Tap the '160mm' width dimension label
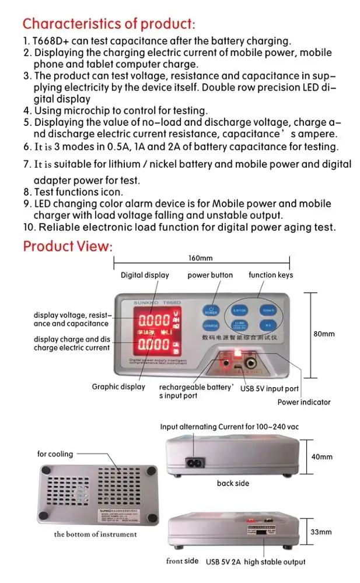pyautogui.click(x=200, y=258)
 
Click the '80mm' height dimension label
pyautogui.click(x=324, y=334)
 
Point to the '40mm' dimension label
pyautogui.click(x=322, y=457)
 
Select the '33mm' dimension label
pyautogui.click(x=321, y=532)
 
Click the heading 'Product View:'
pyautogui.click(x=67, y=246)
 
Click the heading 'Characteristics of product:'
pyautogui.click(x=109, y=24)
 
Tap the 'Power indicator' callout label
pyautogui.click(x=303, y=402)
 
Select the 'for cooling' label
pyautogui.click(x=55, y=454)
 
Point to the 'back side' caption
pyautogui.click(x=233, y=483)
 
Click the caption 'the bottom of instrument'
pyautogui.click(x=96, y=534)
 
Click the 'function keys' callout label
pyautogui.click(x=271, y=275)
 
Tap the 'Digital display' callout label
pyautogui.click(x=145, y=275)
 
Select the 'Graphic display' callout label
pyautogui.click(x=118, y=387)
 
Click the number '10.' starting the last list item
pyautogui.click(x=30, y=227)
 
